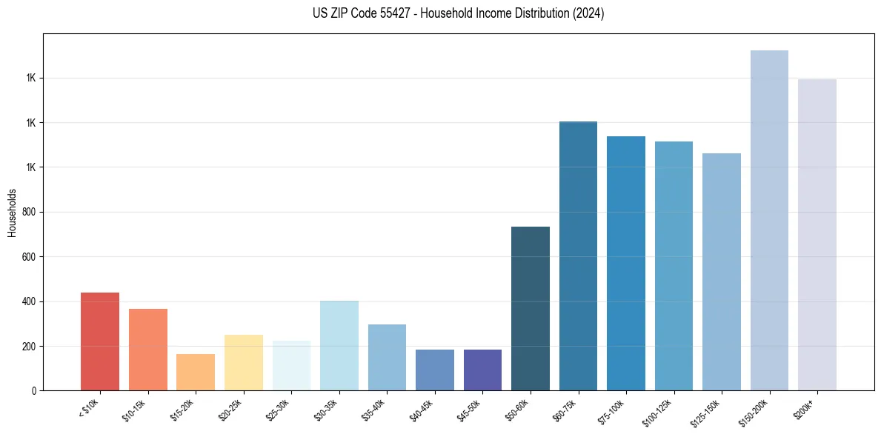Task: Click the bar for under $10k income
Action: point(100,341)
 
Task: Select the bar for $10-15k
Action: point(147,350)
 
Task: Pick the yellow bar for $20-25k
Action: point(243,363)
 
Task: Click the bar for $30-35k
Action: point(339,345)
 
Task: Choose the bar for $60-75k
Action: point(578,256)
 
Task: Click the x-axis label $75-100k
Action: point(612,410)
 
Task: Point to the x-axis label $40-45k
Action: point(422,410)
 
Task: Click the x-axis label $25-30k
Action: point(279,410)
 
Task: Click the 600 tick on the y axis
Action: point(30,257)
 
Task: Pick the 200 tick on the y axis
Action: point(30,347)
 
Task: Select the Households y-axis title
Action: point(13,213)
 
